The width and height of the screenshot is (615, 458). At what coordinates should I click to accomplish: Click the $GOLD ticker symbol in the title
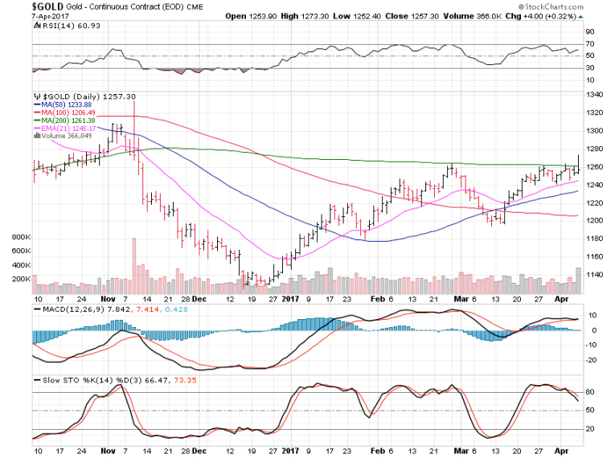[22, 6]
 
